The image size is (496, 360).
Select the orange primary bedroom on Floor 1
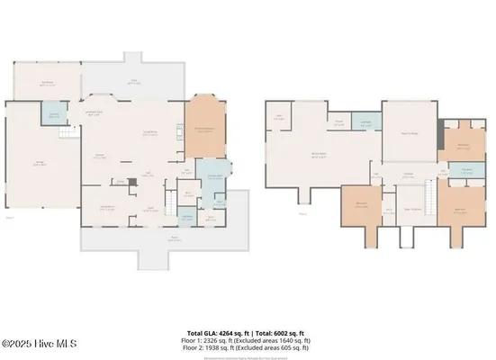point(204,129)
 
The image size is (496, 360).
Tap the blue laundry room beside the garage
point(54,116)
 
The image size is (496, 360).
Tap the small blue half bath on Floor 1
point(187,217)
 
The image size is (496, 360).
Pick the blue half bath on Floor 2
point(365,123)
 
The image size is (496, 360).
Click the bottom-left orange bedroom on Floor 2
point(360,206)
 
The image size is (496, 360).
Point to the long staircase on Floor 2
point(429,194)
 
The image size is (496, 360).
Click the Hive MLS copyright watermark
point(40,343)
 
